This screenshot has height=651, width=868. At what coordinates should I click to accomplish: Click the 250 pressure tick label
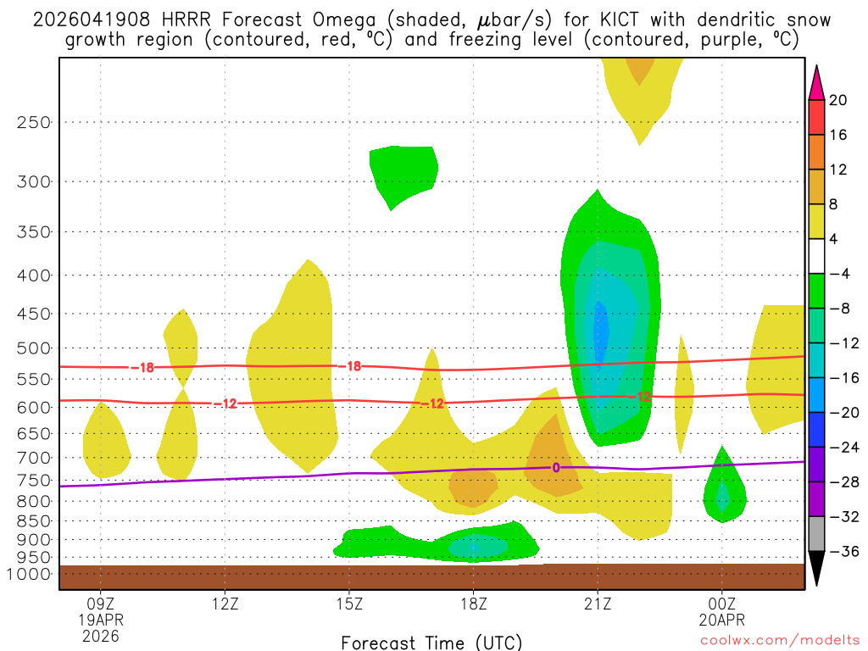point(33,122)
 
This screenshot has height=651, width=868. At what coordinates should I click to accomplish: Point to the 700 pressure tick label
point(33,458)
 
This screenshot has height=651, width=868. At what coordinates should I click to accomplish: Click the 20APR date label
point(721,619)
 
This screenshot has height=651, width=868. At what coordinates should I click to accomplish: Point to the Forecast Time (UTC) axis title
point(431,642)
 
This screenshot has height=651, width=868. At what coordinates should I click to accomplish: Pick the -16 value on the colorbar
point(838,378)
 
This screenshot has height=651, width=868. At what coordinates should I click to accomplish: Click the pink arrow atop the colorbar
point(816,82)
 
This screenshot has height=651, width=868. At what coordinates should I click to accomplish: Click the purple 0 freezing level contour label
point(556,467)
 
